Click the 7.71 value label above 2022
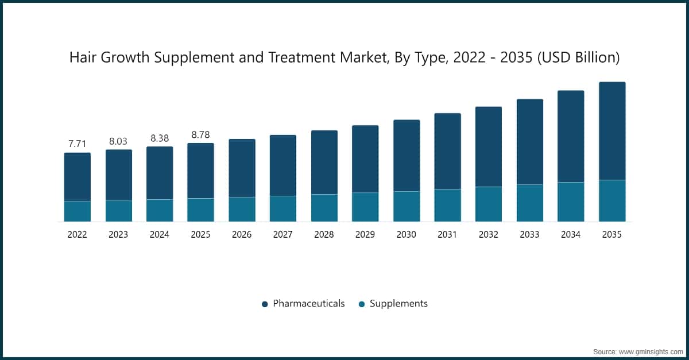(77, 144)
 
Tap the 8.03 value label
(118, 141)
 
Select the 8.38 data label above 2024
(160, 138)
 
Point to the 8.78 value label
(200, 134)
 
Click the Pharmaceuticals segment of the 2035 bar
(612, 131)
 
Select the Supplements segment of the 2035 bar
(612, 201)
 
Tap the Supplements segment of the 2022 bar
(77, 211)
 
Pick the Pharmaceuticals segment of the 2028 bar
(324, 162)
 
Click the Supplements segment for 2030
(407, 207)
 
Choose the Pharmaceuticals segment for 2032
(489, 147)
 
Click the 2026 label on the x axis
(242, 235)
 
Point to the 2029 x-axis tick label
(365, 235)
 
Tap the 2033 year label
(530, 235)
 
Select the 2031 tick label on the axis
(447, 235)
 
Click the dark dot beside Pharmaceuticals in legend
(265, 304)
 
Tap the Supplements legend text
(398, 304)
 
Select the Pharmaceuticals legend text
(309, 304)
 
